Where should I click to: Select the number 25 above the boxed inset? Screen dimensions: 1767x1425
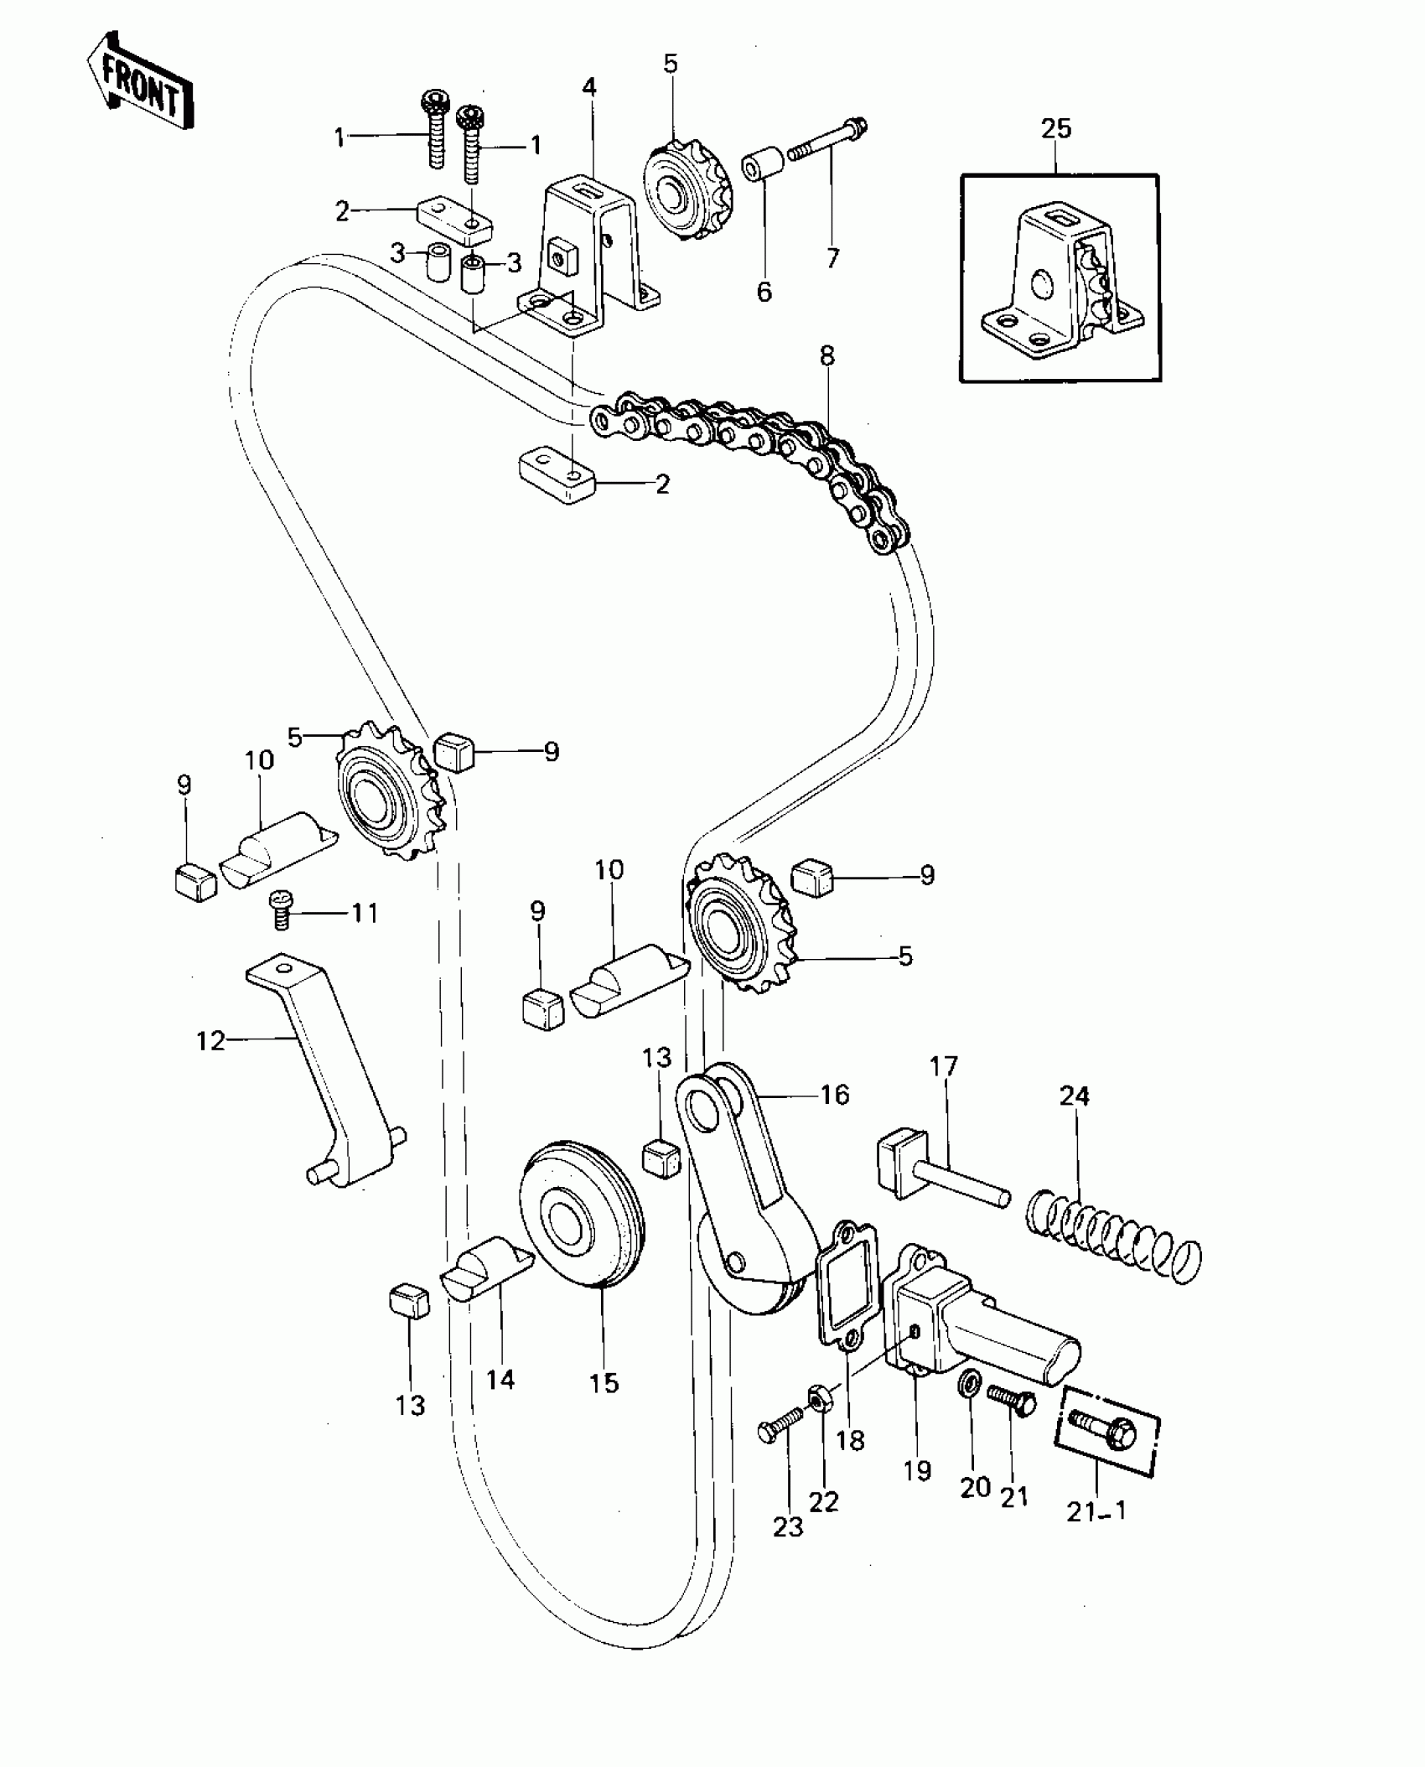pyautogui.click(x=1056, y=128)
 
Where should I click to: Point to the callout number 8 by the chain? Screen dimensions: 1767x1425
pyautogui.click(x=827, y=355)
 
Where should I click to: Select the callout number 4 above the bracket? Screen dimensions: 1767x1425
pyautogui.click(x=589, y=87)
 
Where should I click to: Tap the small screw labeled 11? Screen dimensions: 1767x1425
pyautogui.click(x=281, y=909)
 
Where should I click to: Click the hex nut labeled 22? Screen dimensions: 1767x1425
pyautogui.click(x=819, y=1398)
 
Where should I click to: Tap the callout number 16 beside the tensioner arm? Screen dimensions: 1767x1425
pyautogui.click(x=835, y=1094)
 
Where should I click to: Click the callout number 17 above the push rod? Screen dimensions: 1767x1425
pyautogui.click(x=943, y=1067)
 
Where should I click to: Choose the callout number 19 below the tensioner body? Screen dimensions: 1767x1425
pyautogui.click(x=918, y=1469)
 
